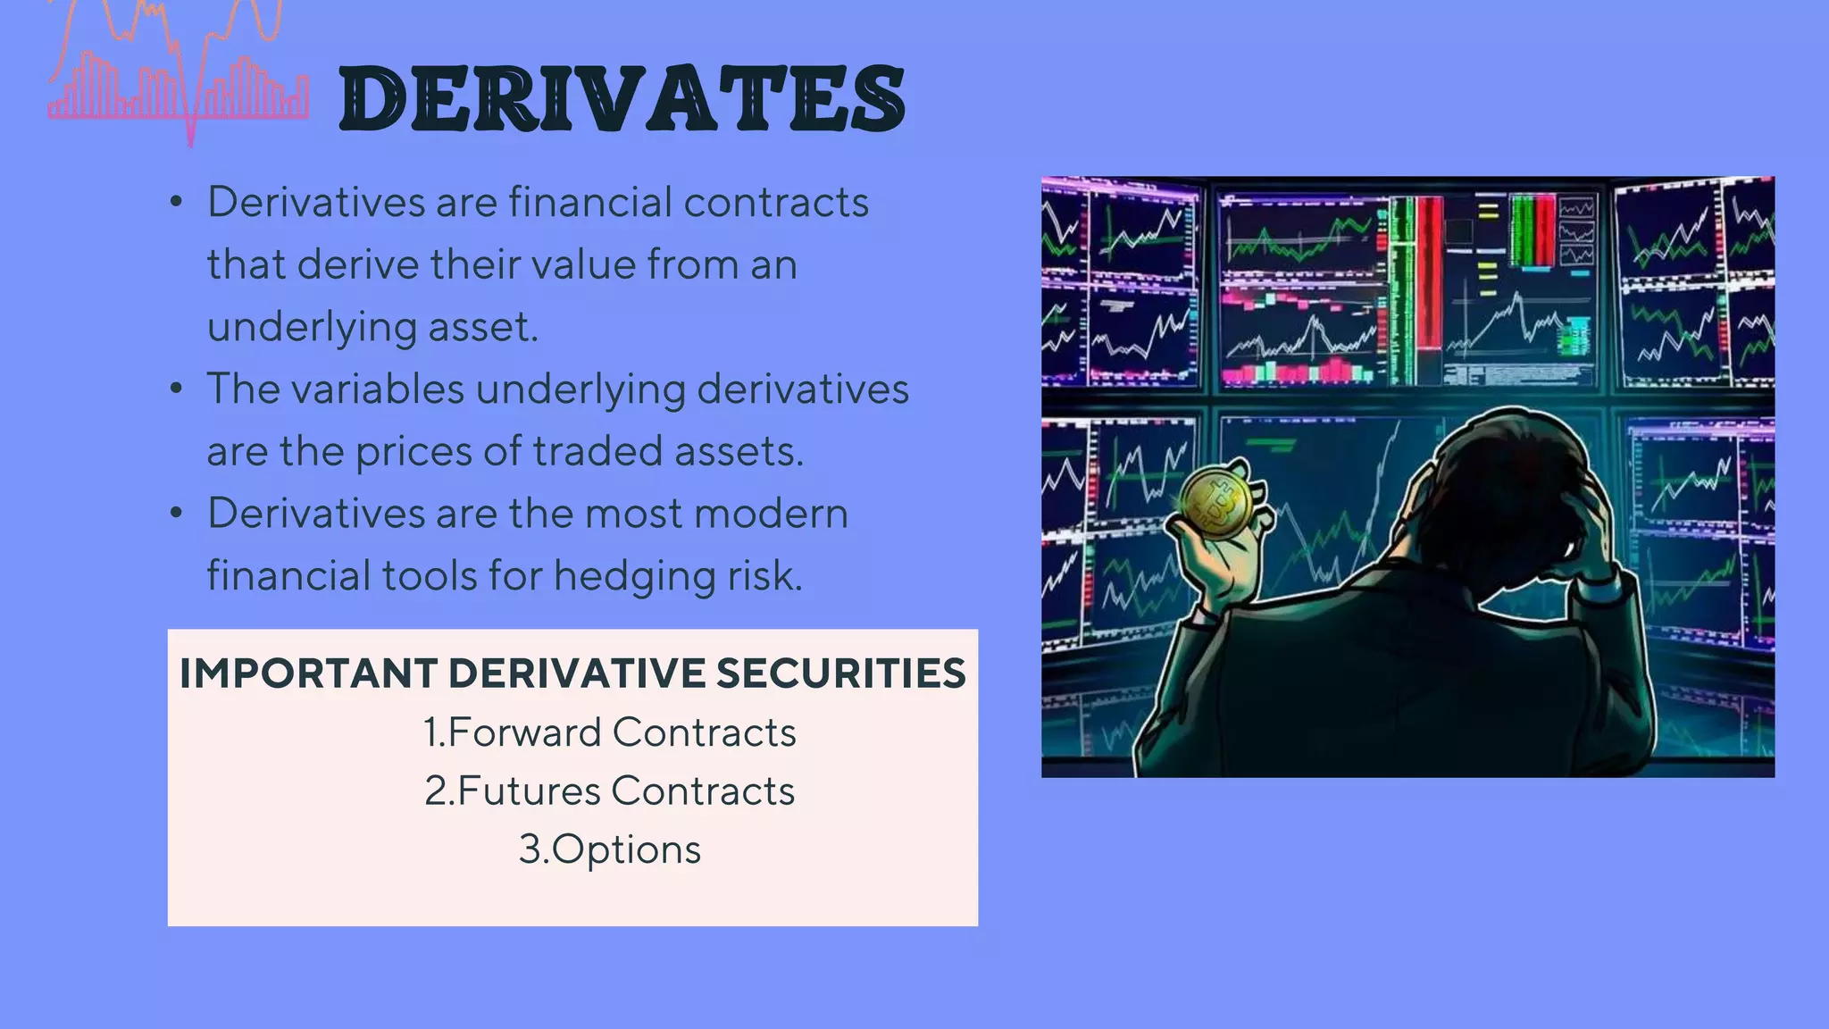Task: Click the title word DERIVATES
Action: point(622,99)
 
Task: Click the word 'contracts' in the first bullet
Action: point(776,202)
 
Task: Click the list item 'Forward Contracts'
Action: point(610,732)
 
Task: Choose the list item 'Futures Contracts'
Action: point(610,791)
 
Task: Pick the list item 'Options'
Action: point(610,849)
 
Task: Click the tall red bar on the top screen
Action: point(1429,272)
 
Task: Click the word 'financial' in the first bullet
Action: point(589,202)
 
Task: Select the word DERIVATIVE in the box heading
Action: point(577,673)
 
